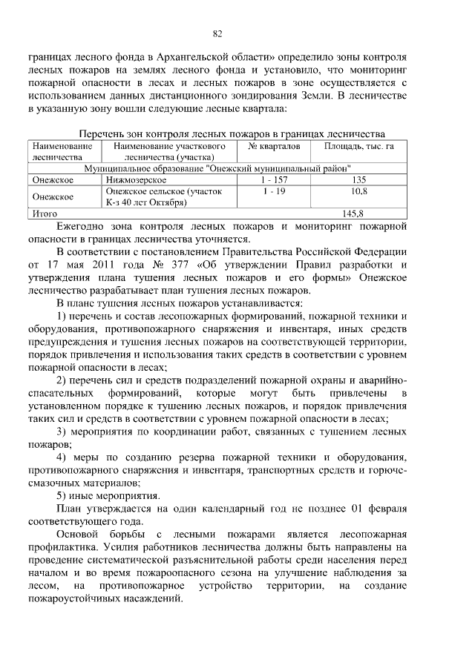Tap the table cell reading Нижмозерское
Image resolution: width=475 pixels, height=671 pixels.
pyautogui.click(x=134, y=179)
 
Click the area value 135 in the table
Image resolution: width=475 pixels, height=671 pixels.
pyautogui.click(x=358, y=179)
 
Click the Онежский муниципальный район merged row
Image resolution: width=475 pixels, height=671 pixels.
pyautogui.click(x=217, y=168)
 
